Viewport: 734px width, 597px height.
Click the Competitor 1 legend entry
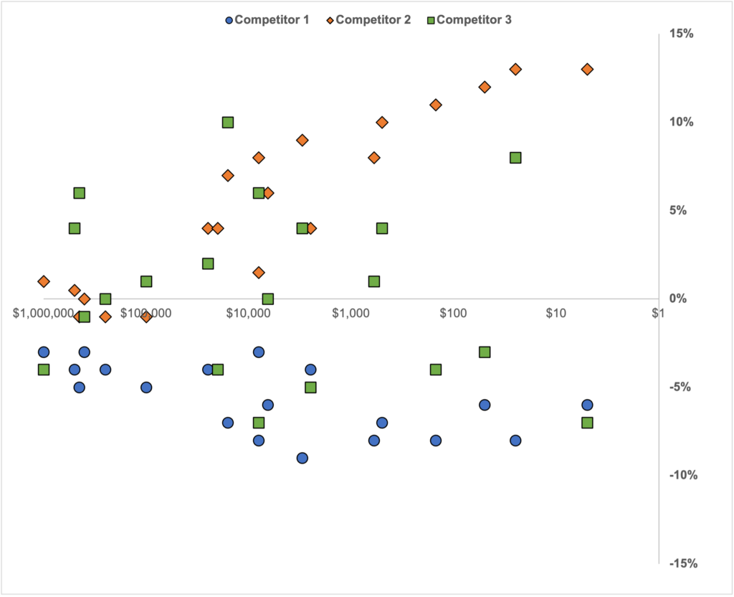[267, 20]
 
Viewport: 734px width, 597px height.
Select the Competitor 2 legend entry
[368, 20]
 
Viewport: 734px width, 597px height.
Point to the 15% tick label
[682, 34]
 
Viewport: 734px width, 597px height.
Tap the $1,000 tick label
[351, 314]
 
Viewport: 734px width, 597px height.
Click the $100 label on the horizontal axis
[453, 314]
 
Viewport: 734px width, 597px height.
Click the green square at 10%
[228, 123]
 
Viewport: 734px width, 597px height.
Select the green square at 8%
[515, 158]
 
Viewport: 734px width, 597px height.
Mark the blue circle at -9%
[302, 458]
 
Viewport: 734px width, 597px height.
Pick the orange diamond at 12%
[485, 87]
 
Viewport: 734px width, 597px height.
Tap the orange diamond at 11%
[435, 105]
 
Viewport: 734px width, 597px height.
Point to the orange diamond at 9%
[302, 140]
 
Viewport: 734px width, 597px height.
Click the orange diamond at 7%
[228, 175]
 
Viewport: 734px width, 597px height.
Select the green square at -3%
[485, 352]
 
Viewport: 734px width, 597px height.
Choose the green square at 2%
[208, 263]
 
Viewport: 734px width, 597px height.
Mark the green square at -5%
[310, 387]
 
